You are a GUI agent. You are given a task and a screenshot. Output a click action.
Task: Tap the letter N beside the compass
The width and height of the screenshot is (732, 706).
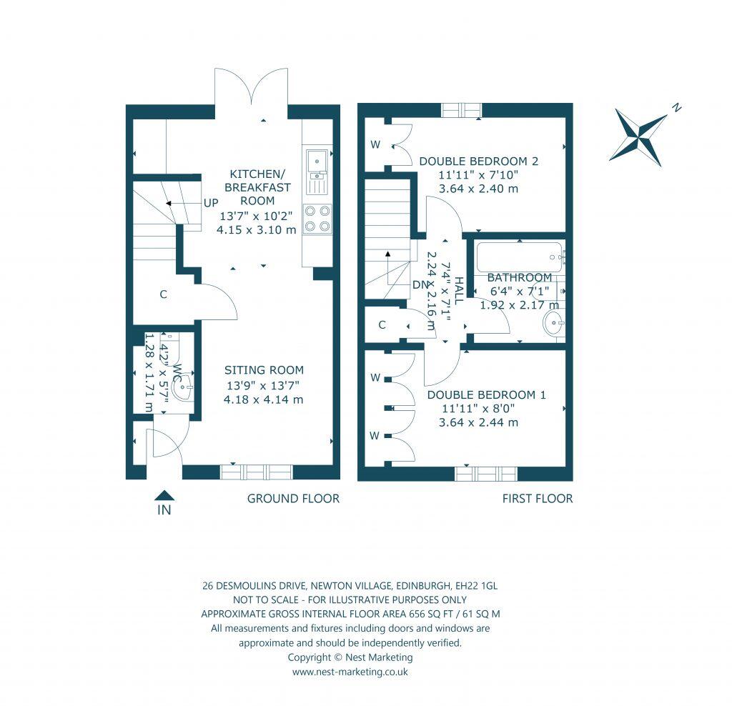676,109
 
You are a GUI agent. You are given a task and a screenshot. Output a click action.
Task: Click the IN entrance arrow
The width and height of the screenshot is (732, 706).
164,494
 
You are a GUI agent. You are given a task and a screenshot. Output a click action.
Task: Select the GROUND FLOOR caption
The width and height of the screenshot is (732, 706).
293,499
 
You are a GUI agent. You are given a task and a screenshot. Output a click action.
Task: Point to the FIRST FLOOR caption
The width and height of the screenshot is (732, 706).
535,499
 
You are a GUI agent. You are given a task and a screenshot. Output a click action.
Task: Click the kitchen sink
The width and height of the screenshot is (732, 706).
315,163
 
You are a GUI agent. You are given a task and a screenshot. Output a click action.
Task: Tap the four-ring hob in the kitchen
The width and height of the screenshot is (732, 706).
317,218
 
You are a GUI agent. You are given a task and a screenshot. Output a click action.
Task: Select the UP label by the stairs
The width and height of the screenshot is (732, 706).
211,203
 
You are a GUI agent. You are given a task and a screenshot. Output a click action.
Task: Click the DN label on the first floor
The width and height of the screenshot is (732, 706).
421,284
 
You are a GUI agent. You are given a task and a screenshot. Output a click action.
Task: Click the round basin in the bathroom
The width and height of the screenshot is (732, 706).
553,324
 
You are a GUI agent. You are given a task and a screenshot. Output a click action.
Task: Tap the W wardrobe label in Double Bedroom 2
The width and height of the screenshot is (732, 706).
375,145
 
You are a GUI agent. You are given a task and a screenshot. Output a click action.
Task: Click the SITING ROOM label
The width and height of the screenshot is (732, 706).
264,370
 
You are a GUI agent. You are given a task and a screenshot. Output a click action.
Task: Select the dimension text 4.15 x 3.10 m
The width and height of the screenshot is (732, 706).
257,230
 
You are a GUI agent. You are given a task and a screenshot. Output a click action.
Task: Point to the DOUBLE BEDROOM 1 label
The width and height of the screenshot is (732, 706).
487,394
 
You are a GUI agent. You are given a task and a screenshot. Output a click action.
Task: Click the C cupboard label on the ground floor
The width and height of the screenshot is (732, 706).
163,294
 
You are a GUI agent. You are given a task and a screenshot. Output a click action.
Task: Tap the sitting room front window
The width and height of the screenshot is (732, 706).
256,472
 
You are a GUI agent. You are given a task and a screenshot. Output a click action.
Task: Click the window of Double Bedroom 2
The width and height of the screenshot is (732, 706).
461,109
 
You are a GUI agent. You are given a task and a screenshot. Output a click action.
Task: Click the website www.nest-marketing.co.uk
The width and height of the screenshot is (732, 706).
350,672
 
